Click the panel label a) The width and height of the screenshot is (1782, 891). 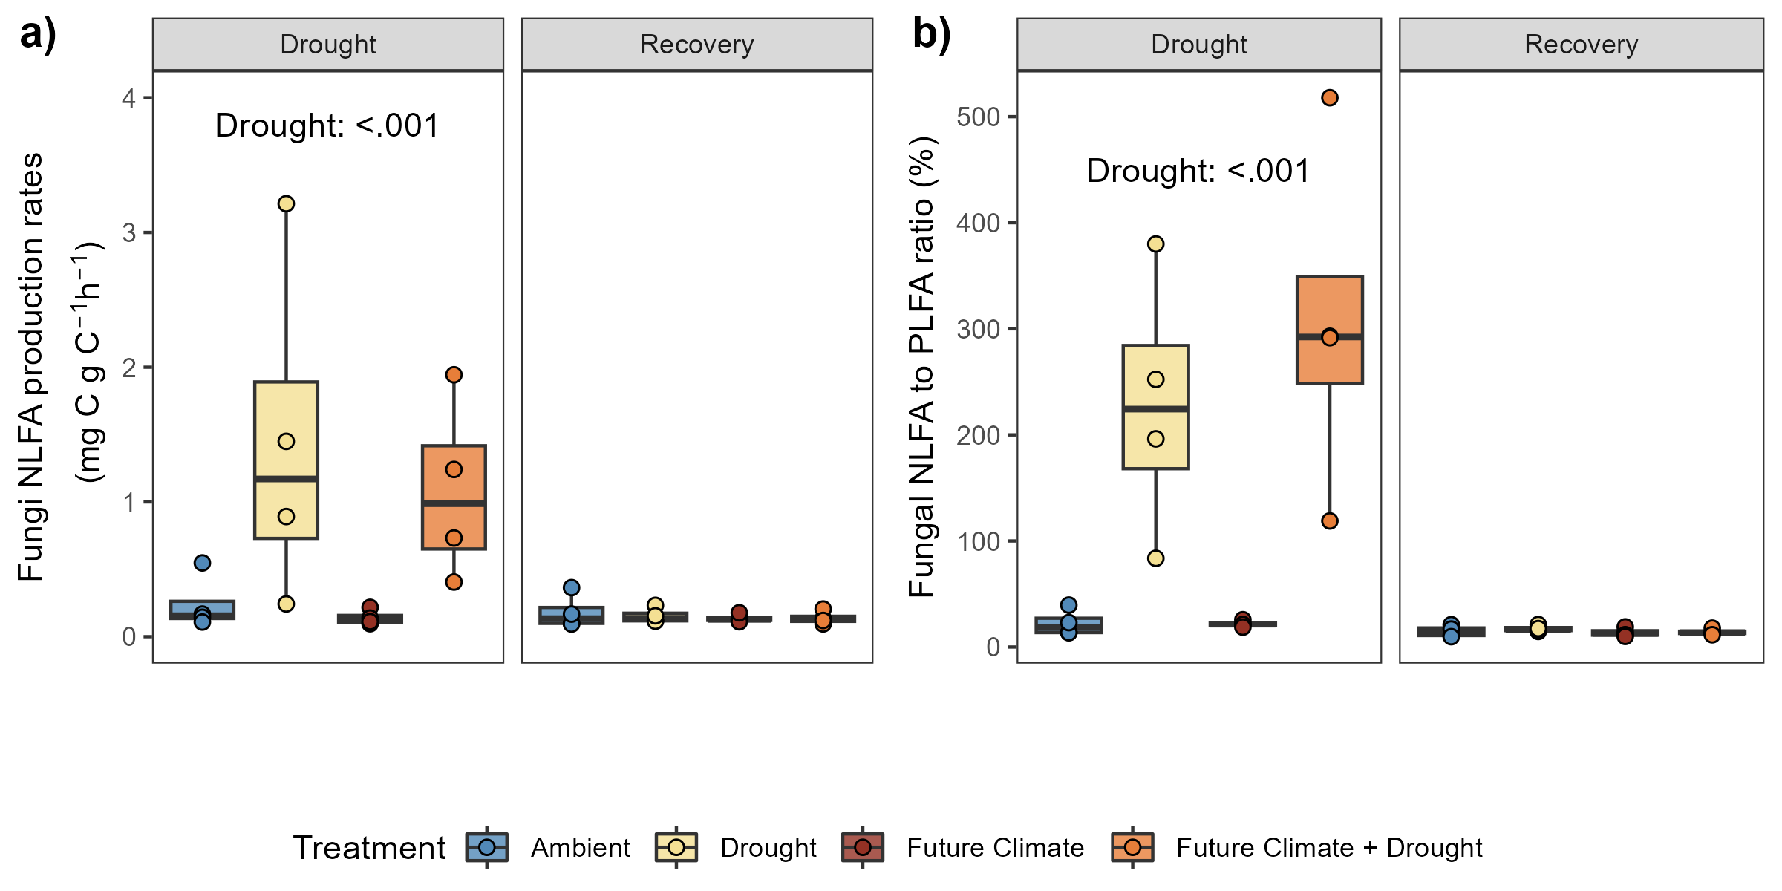(x=38, y=35)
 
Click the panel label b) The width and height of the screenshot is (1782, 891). (x=931, y=35)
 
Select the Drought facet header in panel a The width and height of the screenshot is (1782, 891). (x=328, y=45)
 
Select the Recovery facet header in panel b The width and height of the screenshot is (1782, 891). (x=1581, y=45)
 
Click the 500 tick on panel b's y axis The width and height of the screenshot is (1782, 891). (x=978, y=117)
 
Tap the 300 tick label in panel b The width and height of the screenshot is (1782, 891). (x=978, y=329)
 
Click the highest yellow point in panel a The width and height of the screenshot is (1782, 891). (x=286, y=203)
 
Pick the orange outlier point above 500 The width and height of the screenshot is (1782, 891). (x=1329, y=98)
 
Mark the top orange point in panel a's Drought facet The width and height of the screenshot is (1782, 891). (x=454, y=375)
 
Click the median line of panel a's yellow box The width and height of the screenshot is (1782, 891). (x=286, y=479)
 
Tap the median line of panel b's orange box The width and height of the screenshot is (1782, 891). (x=1329, y=336)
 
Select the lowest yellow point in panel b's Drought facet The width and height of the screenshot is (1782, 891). (x=1155, y=558)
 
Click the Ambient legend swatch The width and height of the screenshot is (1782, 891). (x=487, y=847)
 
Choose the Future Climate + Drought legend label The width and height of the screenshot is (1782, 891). (x=1328, y=847)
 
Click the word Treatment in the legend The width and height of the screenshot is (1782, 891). (x=369, y=847)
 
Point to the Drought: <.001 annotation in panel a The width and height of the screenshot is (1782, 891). (x=327, y=126)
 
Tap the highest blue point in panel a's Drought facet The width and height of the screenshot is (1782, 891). (x=202, y=563)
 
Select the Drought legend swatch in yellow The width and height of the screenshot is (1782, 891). (x=676, y=847)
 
